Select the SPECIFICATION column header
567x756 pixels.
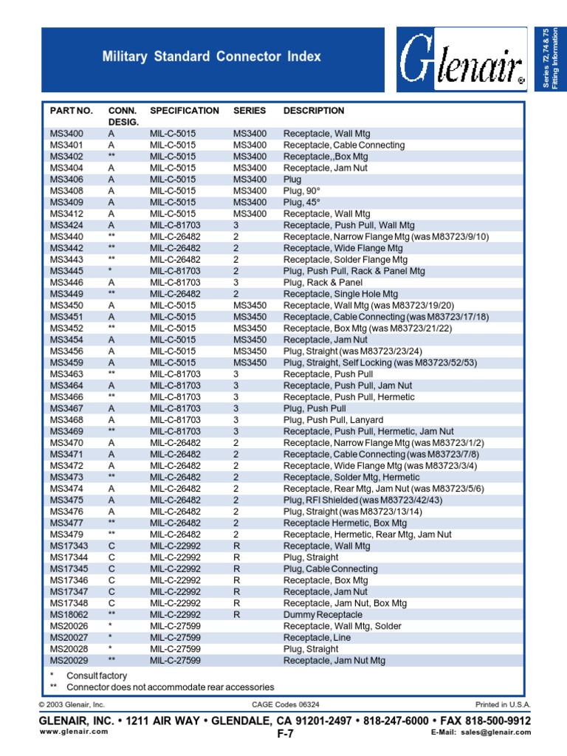pyautogui.click(x=184, y=111)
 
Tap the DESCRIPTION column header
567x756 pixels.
pyautogui.click(x=313, y=111)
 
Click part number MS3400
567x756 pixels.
pyautogui.click(x=66, y=134)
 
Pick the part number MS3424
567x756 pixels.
pyautogui.click(x=66, y=225)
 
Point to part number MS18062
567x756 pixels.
pyautogui.click(x=69, y=614)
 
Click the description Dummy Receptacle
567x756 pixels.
pyautogui.click(x=323, y=614)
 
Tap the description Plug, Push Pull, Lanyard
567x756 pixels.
pyautogui.click(x=332, y=419)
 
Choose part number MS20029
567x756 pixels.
pyautogui.click(x=69, y=660)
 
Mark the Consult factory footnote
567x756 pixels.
pyautogui.click(x=96, y=676)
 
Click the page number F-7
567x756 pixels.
pyautogui.click(x=285, y=734)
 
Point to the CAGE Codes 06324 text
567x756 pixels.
pyautogui.click(x=285, y=705)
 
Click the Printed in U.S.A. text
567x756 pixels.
pyautogui.click(x=502, y=705)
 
